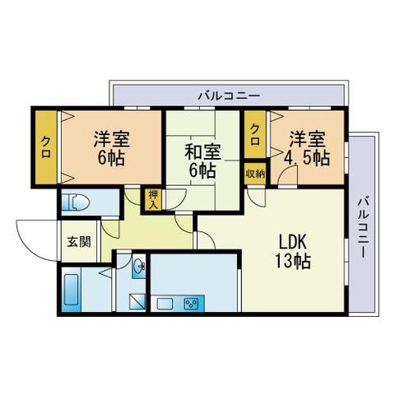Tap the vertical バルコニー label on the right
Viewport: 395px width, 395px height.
363,225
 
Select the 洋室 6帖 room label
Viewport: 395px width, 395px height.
109,147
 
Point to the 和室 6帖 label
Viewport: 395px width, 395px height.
201,161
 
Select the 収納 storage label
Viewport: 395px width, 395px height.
255,173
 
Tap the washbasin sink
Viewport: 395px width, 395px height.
138,266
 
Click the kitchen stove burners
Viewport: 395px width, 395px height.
193,304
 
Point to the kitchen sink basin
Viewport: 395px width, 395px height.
164,304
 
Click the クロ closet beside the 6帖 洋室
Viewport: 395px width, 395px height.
46,148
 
